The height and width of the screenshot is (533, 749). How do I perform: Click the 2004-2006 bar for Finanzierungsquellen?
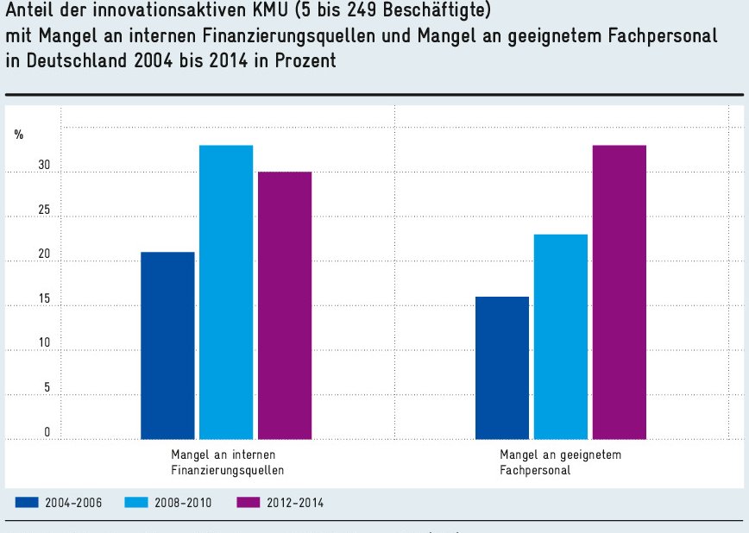point(167,345)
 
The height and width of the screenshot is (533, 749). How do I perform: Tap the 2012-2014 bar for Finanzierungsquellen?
point(285,305)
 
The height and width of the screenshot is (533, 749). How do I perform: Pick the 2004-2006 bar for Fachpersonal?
point(502,367)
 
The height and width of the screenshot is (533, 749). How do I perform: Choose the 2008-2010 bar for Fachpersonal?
point(561,336)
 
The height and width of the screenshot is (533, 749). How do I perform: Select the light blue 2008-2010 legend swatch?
point(138,502)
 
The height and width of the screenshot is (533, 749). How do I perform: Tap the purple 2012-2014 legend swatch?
point(249,502)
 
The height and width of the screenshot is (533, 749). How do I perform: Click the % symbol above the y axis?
point(18,134)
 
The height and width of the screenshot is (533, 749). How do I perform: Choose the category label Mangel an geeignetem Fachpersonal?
point(560,462)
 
